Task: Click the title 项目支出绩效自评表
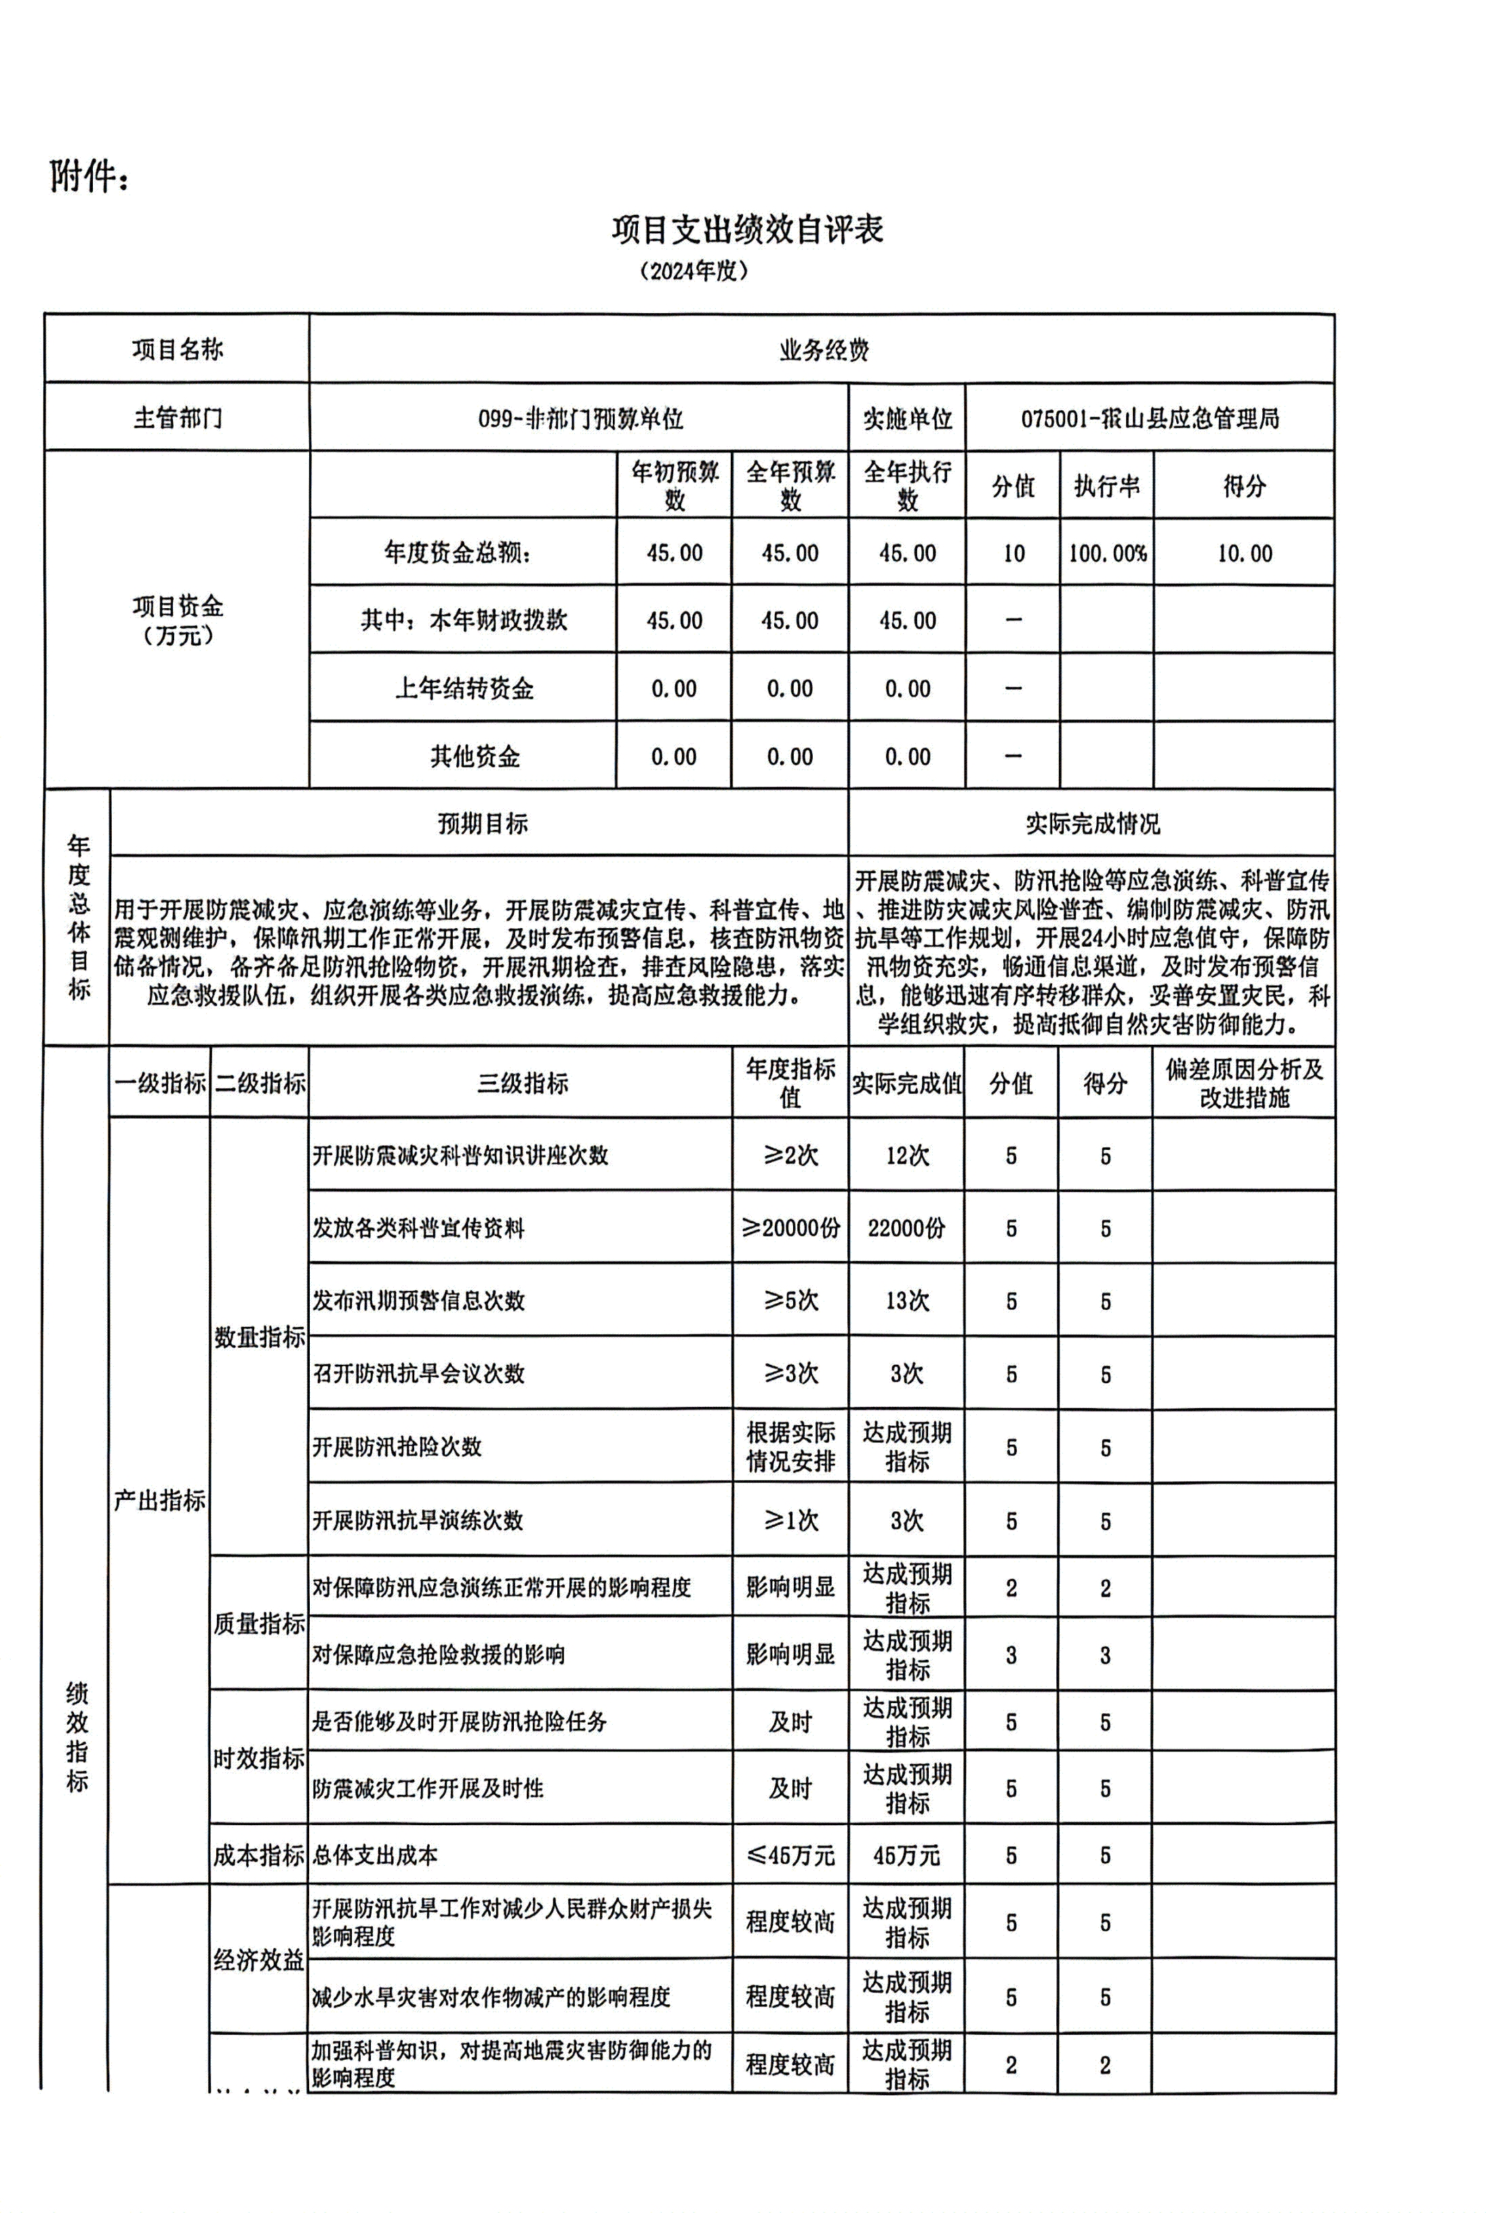tap(747, 229)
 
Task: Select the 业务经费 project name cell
tap(822, 351)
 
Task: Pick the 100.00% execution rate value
tap(1107, 553)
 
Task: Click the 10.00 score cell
tap(1245, 553)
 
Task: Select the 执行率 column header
tap(1107, 486)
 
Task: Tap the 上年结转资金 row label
tap(464, 689)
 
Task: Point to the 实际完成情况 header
tap(1091, 824)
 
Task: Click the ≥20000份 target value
tap(790, 1229)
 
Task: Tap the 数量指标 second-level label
tap(259, 1337)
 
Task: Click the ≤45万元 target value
tap(790, 1855)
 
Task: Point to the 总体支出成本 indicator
tap(376, 1855)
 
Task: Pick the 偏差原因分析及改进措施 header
tap(1245, 1083)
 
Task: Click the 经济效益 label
tap(259, 1960)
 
